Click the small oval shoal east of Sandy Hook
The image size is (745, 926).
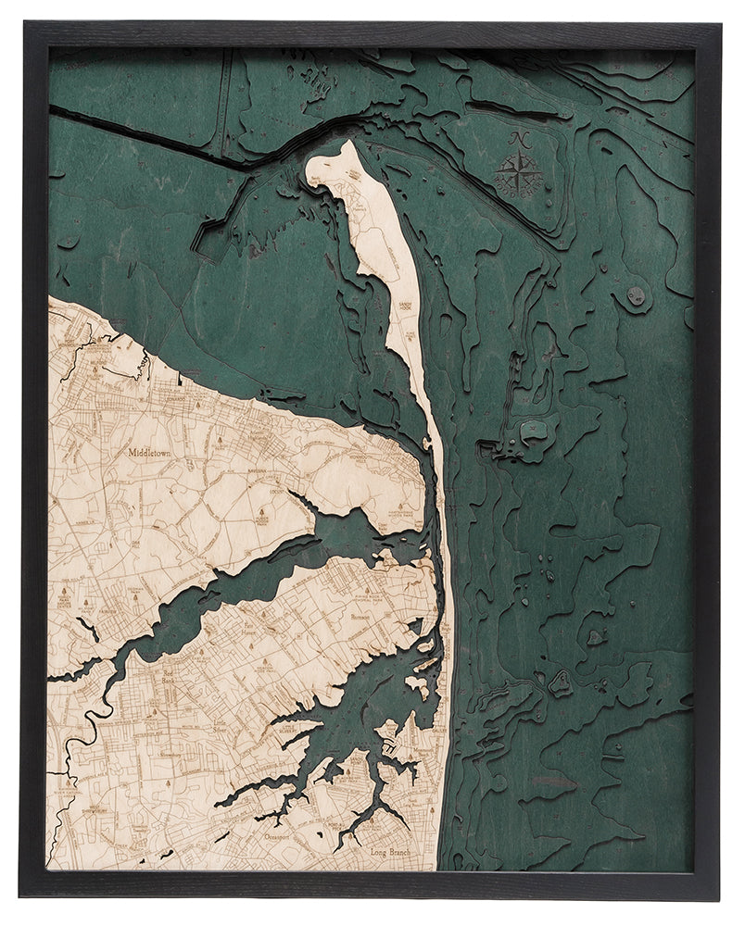point(636,296)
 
